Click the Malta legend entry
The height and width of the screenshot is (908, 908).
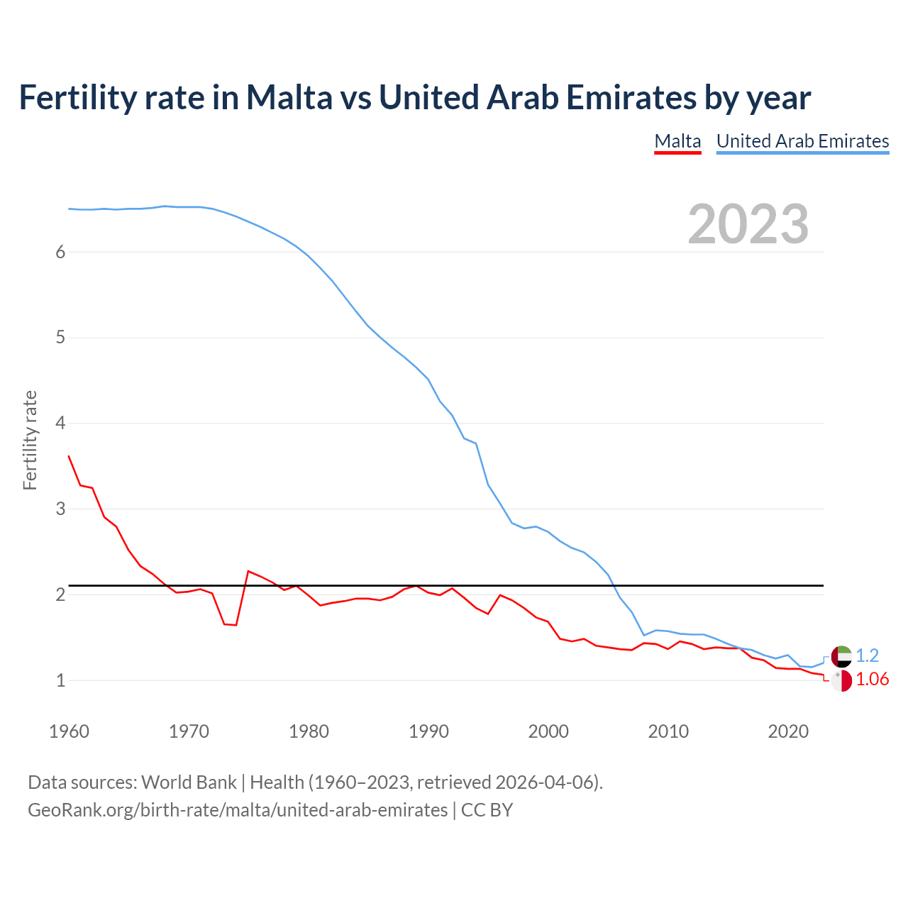(677, 141)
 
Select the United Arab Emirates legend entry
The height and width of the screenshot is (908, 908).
(802, 141)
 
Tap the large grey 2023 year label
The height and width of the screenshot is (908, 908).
(748, 224)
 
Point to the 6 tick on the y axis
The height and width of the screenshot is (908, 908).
(60, 252)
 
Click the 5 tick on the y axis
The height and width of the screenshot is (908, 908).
(60, 338)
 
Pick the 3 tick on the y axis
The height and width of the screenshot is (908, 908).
(60, 509)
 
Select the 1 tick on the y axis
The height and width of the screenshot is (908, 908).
(60, 680)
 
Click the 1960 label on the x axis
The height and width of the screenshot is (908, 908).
(69, 731)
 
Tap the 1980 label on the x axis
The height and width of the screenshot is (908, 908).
(309, 731)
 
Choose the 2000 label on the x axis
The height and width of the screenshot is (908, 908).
(548, 731)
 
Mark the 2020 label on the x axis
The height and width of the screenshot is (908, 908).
(788, 731)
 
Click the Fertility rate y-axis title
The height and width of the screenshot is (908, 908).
(30, 440)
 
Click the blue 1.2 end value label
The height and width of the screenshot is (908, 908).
(867, 655)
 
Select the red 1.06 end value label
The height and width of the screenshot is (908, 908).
(872, 680)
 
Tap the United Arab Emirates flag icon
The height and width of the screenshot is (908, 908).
(841, 656)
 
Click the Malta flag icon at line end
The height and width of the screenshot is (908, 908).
(841, 680)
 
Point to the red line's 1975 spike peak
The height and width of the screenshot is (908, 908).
(248, 571)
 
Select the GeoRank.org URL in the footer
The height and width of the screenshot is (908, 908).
(238, 810)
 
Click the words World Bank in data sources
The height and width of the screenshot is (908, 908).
(189, 782)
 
